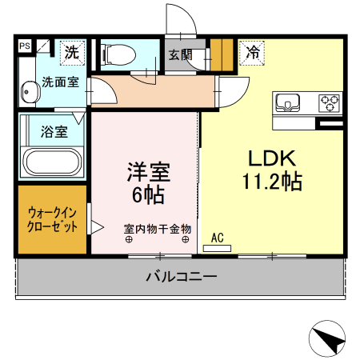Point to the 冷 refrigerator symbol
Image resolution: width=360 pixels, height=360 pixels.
click(252, 54)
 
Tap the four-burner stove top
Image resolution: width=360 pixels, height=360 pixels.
click(329, 102)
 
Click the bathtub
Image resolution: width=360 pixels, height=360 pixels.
click(52, 165)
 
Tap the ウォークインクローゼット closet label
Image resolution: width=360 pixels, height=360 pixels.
click(53, 220)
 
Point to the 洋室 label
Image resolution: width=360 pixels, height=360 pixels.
click(149, 172)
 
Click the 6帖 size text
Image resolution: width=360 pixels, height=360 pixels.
click(149, 194)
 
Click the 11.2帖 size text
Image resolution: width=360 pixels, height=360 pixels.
click(272, 182)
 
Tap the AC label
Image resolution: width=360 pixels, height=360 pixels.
click(217, 238)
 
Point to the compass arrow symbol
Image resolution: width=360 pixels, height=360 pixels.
click(329, 338)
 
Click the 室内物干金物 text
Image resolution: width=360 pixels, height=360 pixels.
click(157, 228)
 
